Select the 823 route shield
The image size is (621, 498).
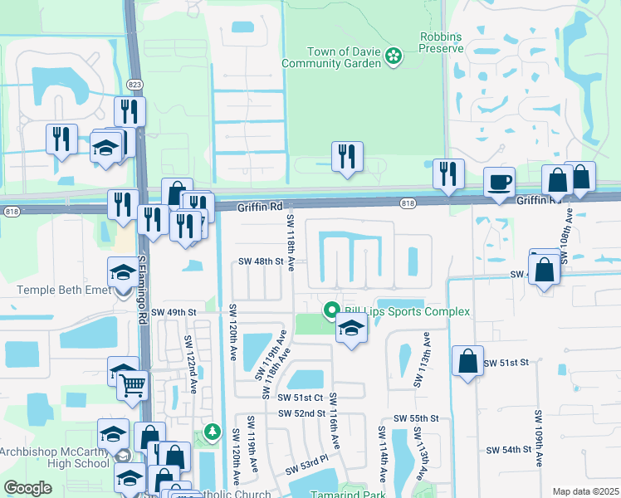134,85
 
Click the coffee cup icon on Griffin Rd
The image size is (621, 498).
500,182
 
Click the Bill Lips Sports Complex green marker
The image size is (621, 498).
331,311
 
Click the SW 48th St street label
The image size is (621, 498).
261,261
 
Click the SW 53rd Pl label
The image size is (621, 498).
308,457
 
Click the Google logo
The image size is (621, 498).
27,488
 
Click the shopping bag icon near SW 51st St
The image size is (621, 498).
468,361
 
